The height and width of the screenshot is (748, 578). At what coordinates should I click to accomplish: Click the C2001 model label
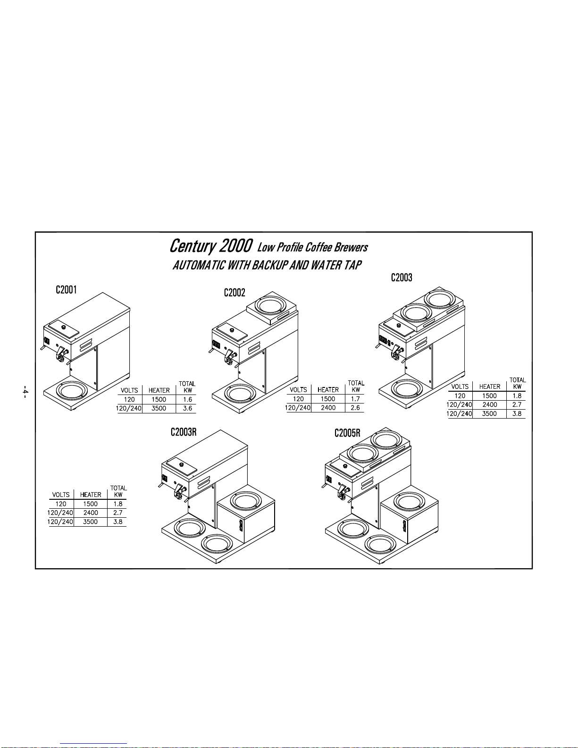click(66, 290)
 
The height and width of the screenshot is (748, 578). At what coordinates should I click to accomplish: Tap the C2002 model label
click(235, 293)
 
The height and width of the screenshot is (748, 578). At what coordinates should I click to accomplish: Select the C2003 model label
click(402, 277)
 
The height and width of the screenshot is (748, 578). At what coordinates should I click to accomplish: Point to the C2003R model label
click(184, 432)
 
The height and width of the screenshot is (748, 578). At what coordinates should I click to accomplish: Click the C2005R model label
click(347, 433)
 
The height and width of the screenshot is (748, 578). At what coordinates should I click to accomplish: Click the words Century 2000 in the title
click(211, 246)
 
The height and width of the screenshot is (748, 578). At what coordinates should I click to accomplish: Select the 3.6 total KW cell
click(187, 408)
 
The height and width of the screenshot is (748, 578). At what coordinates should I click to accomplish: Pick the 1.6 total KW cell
click(187, 399)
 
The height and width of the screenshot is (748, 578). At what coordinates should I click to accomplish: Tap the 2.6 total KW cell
click(355, 408)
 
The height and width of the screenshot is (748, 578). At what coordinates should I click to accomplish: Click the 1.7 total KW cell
click(355, 399)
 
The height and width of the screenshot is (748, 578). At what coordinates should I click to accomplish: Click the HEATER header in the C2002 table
click(328, 390)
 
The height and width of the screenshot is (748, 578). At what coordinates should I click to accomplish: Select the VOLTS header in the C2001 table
click(129, 390)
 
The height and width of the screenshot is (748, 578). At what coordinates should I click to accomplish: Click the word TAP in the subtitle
click(353, 265)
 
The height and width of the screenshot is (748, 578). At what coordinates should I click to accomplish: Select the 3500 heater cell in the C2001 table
click(159, 408)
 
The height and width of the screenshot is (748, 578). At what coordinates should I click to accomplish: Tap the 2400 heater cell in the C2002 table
click(328, 408)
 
